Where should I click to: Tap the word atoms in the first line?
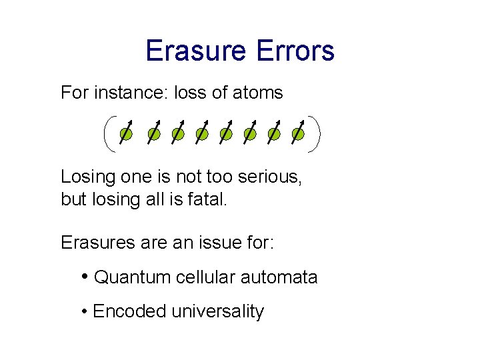tap(257, 93)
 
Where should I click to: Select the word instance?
tap(132, 93)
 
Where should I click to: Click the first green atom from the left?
tap(125, 135)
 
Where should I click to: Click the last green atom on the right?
tap(298, 135)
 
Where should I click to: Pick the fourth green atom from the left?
tap(201, 135)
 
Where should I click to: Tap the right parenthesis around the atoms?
tap(316, 134)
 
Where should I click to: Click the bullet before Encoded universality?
tap(85, 311)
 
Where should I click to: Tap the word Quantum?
tap(133, 277)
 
